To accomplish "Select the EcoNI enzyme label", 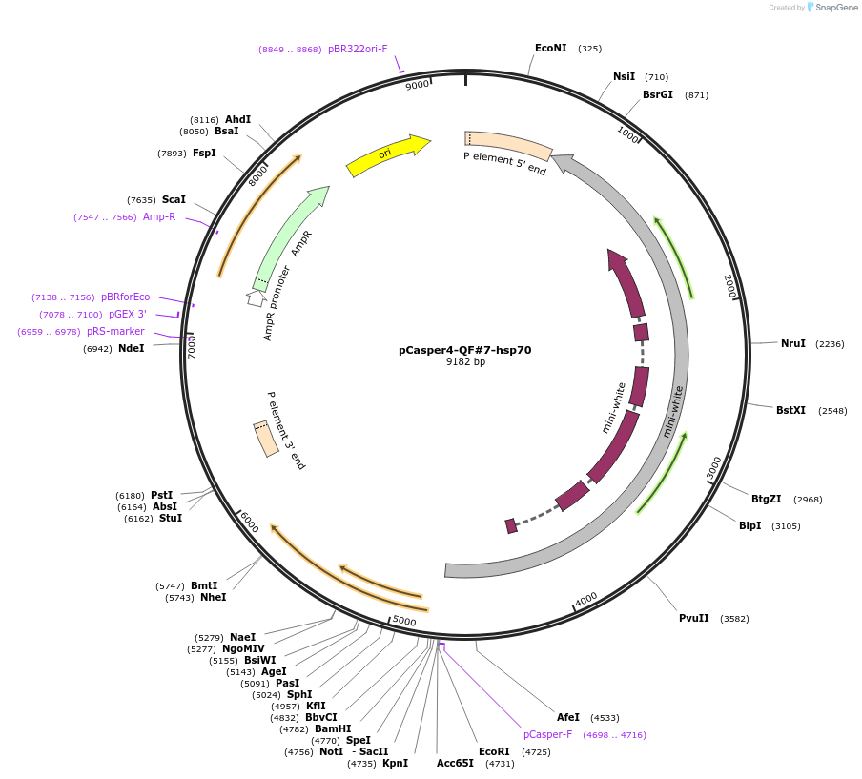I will (x=550, y=48).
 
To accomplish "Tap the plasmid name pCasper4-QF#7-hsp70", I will (x=464, y=350).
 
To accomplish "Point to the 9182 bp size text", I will (x=465, y=362).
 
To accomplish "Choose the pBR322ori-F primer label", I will (x=358, y=49).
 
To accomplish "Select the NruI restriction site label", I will (x=792, y=343).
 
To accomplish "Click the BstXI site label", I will (x=790, y=410).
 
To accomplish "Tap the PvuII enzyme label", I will (x=693, y=618).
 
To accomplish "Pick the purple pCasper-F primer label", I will (x=547, y=734).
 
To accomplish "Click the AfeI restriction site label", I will (x=568, y=717).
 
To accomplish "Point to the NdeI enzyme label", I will (x=131, y=348).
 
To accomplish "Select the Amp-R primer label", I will (x=159, y=216).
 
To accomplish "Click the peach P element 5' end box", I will (x=507, y=145).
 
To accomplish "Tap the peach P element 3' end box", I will (x=266, y=439).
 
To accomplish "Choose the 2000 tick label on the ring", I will (x=729, y=286).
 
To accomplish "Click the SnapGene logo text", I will (x=836, y=8).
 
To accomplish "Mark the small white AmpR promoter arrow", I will (x=256, y=297).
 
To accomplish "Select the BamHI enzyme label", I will (x=333, y=728).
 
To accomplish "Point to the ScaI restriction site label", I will (x=174, y=199).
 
